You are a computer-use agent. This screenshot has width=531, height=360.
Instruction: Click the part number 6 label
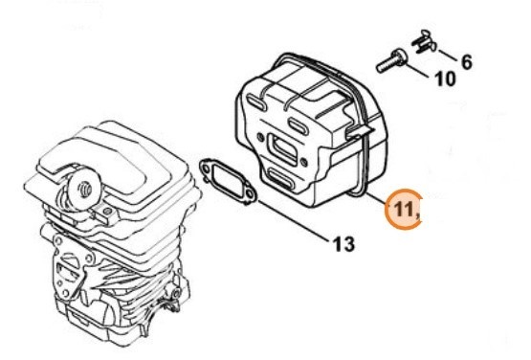point(466,62)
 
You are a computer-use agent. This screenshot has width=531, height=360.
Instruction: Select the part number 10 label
point(445,79)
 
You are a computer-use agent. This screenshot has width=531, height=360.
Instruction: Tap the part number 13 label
point(344,244)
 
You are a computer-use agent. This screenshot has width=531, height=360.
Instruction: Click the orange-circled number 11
point(405,210)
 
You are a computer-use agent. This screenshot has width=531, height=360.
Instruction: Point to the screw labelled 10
point(392,61)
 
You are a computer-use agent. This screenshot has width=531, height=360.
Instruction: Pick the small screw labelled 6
point(424,43)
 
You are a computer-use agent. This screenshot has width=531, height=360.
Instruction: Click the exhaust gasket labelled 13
point(229,182)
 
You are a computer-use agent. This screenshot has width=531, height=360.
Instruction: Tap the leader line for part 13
point(294,221)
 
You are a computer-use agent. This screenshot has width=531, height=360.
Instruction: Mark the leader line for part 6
point(448,56)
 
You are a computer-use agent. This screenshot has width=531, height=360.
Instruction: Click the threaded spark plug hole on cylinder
point(84,189)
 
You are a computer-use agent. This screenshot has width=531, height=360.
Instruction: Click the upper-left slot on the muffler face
point(255,102)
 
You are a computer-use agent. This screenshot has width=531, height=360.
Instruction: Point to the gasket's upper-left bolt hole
point(206,168)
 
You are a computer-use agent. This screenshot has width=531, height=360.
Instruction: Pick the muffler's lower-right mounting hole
point(305,161)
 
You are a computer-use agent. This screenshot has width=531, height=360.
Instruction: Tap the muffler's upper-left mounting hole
point(260,137)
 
